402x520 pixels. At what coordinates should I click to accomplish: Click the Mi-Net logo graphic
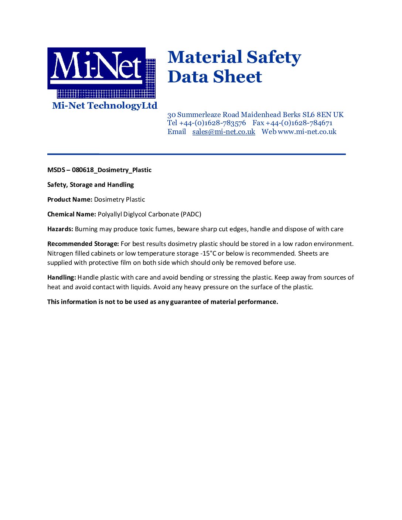pos(101,72)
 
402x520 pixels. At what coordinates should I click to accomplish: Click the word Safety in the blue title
pos(273,58)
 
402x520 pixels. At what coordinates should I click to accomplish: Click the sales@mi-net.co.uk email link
pos(224,132)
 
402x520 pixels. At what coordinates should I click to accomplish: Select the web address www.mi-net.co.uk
pos(307,132)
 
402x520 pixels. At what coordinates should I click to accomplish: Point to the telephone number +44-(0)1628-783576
pos(212,123)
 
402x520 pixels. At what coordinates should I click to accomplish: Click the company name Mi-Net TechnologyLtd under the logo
pos(105,106)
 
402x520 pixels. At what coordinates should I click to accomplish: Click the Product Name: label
pos(70,199)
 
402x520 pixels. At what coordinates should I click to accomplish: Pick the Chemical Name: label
pos(72,214)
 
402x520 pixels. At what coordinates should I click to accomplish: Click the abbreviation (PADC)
pos(191,214)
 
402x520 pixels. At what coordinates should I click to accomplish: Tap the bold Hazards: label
pos(60,229)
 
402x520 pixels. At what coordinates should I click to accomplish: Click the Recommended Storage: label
pos(83,244)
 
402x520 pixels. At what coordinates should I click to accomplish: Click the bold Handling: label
pos(62,277)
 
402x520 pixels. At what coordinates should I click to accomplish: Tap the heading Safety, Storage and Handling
pos(91,185)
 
